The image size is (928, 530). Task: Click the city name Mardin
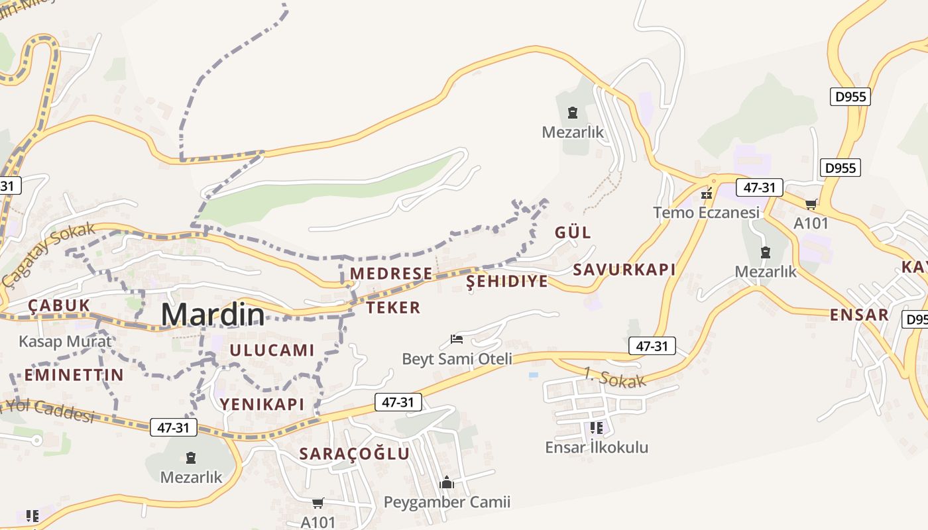[x=213, y=314]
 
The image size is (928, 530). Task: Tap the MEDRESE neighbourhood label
[x=391, y=274]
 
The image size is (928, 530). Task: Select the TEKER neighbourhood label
[x=393, y=307]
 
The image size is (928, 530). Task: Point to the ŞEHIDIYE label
[x=507, y=282]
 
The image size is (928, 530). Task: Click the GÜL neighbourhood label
[x=573, y=233]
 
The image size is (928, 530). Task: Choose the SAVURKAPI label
[x=624, y=270]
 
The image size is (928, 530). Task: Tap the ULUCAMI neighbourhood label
[x=272, y=350]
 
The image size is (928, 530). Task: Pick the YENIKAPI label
[x=262, y=404]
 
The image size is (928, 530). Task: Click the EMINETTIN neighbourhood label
[x=74, y=375]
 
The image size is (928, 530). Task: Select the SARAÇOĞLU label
[x=355, y=454]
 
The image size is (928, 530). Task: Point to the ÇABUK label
[x=59, y=305]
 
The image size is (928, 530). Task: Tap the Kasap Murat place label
[x=65, y=342]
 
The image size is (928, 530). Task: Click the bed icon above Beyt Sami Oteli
[x=457, y=339]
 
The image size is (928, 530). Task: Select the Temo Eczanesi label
[x=706, y=213]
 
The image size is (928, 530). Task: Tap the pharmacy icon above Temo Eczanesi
[x=707, y=193]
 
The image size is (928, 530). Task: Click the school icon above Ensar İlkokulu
[x=597, y=428]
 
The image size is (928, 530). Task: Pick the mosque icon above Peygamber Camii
[x=447, y=482]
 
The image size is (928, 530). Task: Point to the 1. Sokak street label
[x=614, y=377]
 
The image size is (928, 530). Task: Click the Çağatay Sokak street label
[x=48, y=255]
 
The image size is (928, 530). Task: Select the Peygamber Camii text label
[x=447, y=502]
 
